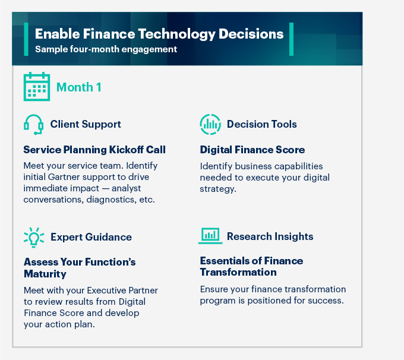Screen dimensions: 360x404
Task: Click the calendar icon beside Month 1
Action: point(37,87)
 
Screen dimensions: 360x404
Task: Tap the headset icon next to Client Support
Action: point(33,124)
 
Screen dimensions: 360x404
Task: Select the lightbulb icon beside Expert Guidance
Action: point(33,236)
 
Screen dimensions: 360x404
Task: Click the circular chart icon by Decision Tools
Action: point(210,124)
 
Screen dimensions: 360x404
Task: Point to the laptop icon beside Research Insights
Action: point(210,236)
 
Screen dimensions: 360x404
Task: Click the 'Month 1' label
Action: point(78,87)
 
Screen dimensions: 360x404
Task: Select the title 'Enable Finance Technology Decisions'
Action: point(159,34)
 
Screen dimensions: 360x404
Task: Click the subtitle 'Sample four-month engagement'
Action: point(106,49)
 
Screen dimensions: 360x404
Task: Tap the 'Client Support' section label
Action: point(86,124)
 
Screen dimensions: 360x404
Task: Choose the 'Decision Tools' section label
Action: point(261,124)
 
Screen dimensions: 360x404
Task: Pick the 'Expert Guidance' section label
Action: point(91,236)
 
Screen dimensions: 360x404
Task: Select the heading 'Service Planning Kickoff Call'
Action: point(94,149)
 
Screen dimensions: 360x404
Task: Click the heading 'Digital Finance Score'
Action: point(252,149)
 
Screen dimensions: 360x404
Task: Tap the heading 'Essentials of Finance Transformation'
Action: point(251,267)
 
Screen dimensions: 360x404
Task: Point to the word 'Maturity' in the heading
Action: point(45,274)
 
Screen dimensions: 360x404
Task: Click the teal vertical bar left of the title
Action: point(26,39)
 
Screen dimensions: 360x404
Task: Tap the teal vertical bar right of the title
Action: point(291,39)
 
